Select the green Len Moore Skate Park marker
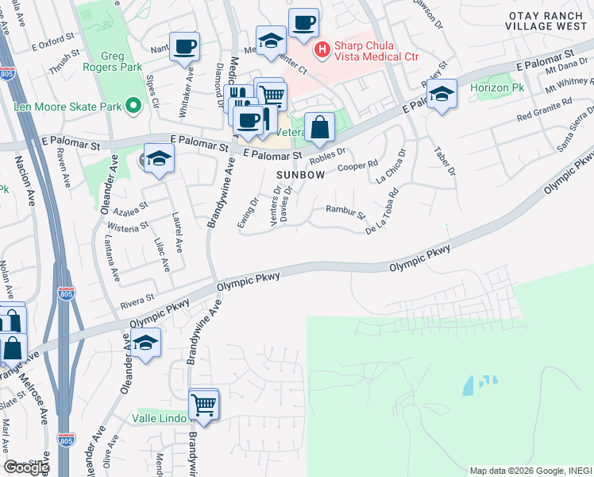coord(133,105)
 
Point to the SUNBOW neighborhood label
coord(300,174)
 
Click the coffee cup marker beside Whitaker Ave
coord(185,46)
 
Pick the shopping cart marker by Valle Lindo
coord(204,403)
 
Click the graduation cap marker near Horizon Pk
coord(441,95)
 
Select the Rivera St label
coord(137,301)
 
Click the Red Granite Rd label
coord(544,111)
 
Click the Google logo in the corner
coord(25,467)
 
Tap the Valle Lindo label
coord(160,418)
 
